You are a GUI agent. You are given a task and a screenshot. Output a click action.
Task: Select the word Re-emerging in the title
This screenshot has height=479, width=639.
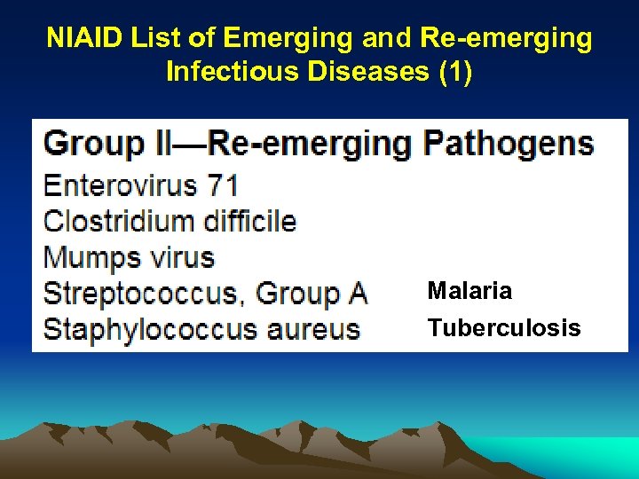503,38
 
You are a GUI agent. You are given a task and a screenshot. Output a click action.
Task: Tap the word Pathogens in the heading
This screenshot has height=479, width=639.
509,144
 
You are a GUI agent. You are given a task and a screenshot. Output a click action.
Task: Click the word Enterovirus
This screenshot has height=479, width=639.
121,185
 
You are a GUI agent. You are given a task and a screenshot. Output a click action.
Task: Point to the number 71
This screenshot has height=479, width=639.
223,185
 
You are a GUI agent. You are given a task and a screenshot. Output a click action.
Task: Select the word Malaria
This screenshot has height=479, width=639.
469,291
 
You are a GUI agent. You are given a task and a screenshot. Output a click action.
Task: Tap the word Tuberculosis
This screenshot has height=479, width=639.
504,328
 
